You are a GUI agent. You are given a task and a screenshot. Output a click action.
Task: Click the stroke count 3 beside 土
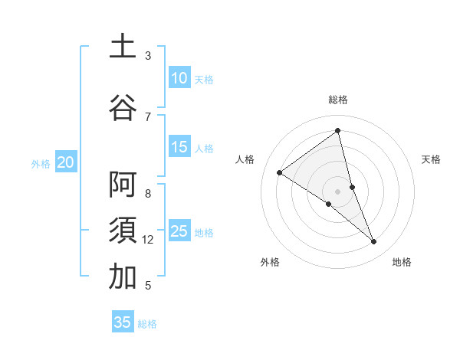pos(148,56)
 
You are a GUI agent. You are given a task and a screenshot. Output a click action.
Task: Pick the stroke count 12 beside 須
pos(149,240)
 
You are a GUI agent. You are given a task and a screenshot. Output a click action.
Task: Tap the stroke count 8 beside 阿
pos(148,194)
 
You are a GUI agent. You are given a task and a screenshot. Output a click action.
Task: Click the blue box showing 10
pos(179,78)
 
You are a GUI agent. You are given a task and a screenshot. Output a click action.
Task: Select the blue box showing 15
pos(179,147)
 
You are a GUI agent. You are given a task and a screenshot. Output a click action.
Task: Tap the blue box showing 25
pos(179,231)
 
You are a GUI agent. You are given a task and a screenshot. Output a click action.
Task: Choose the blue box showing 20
pos(66,162)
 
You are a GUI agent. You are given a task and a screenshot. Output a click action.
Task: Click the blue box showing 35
pos(123,322)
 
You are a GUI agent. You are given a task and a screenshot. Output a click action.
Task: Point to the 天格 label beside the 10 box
pos(204,79)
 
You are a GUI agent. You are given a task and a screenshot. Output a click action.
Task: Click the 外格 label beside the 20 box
pos(41,163)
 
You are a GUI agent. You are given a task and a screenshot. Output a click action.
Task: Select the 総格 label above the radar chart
pos(338,100)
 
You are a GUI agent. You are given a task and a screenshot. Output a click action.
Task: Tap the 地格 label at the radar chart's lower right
pos(402,262)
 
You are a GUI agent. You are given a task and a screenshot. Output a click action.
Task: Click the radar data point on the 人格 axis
pos(280,172)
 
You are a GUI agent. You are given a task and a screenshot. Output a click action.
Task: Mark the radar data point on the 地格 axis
pos(374,242)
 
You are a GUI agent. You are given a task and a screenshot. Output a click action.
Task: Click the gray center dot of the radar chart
pos(338,191)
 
